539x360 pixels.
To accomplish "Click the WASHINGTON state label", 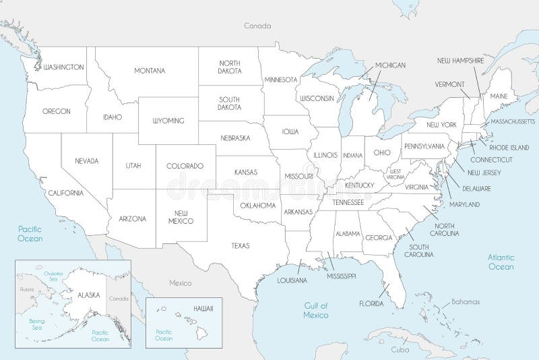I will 63,67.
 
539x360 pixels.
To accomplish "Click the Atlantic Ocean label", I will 501,262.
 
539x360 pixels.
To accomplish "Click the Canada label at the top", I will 257,26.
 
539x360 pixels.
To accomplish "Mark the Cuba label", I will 400,351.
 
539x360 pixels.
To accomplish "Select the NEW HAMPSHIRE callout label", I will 461,61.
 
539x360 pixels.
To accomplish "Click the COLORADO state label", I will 185,166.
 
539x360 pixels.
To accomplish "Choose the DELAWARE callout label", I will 476,188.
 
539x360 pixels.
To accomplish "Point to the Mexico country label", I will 180,283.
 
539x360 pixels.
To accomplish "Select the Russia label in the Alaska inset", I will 27,289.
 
